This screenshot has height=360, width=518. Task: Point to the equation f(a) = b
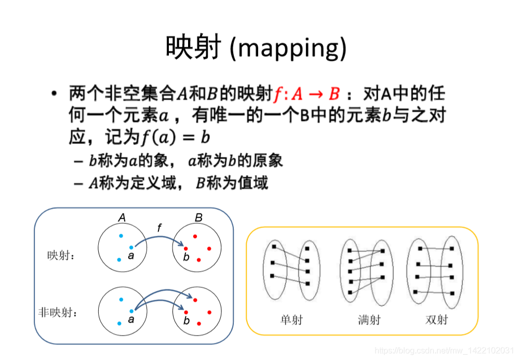tap(175, 138)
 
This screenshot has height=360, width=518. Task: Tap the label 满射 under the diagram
tap(369, 320)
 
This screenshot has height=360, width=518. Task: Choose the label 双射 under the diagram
tap(436, 320)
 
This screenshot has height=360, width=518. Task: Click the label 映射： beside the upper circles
tap(60, 256)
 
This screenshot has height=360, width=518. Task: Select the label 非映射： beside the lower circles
tap(58, 313)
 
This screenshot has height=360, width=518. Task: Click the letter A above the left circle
tap(122, 218)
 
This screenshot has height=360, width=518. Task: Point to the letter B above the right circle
tap(198, 218)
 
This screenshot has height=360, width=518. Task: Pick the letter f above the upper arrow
tap(160, 227)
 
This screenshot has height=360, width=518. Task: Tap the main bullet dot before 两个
tap(54, 95)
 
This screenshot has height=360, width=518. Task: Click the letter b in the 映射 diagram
tap(186, 257)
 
